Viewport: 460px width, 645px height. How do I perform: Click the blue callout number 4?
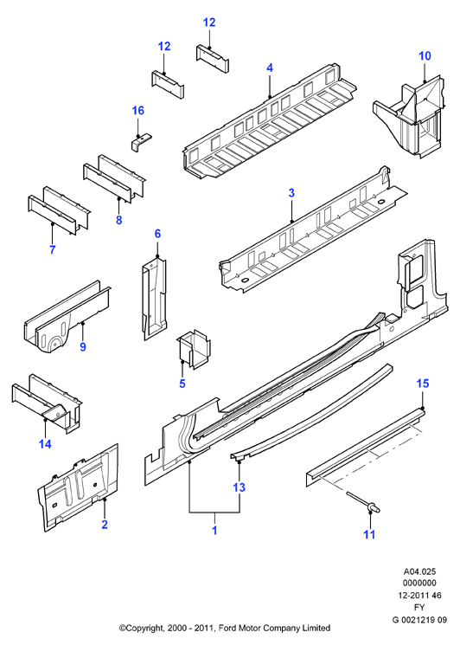point(270,68)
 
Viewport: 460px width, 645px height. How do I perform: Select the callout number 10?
point(425,56)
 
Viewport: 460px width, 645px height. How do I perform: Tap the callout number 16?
point(138,110)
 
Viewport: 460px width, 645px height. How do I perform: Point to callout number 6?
point(157,234)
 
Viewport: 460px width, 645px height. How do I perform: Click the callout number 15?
point(423,384)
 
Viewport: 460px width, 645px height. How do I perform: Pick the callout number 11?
point(370,534)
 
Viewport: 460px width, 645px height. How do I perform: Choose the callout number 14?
point(45,444)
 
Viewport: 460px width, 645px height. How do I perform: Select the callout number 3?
point(291,192)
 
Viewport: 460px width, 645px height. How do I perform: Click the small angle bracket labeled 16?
point(141,142)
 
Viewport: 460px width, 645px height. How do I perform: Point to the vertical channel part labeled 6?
point(154,297)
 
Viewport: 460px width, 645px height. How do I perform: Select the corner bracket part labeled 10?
point(409,115)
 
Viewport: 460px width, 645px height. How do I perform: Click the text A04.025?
point(419,571)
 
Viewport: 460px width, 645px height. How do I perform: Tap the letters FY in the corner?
point(419,607)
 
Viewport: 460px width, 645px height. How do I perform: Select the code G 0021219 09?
point(419,620)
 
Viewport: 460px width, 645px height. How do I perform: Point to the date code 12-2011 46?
point(419,596)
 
